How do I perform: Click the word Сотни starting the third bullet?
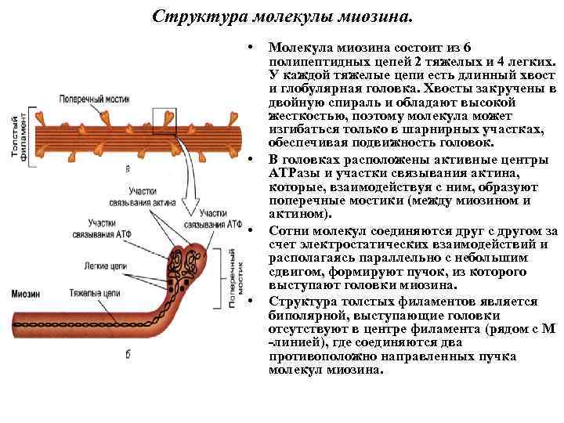click(287, 231)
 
